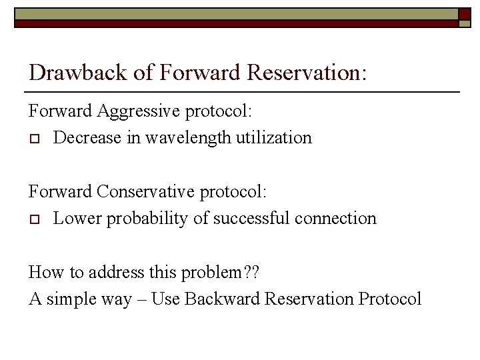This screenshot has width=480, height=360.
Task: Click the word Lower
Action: click(x=75, y=219)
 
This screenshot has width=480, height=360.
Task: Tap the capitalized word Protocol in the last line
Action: click(x=390, y=299)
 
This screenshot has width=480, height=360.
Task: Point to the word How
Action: click(x=43, y=272)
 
